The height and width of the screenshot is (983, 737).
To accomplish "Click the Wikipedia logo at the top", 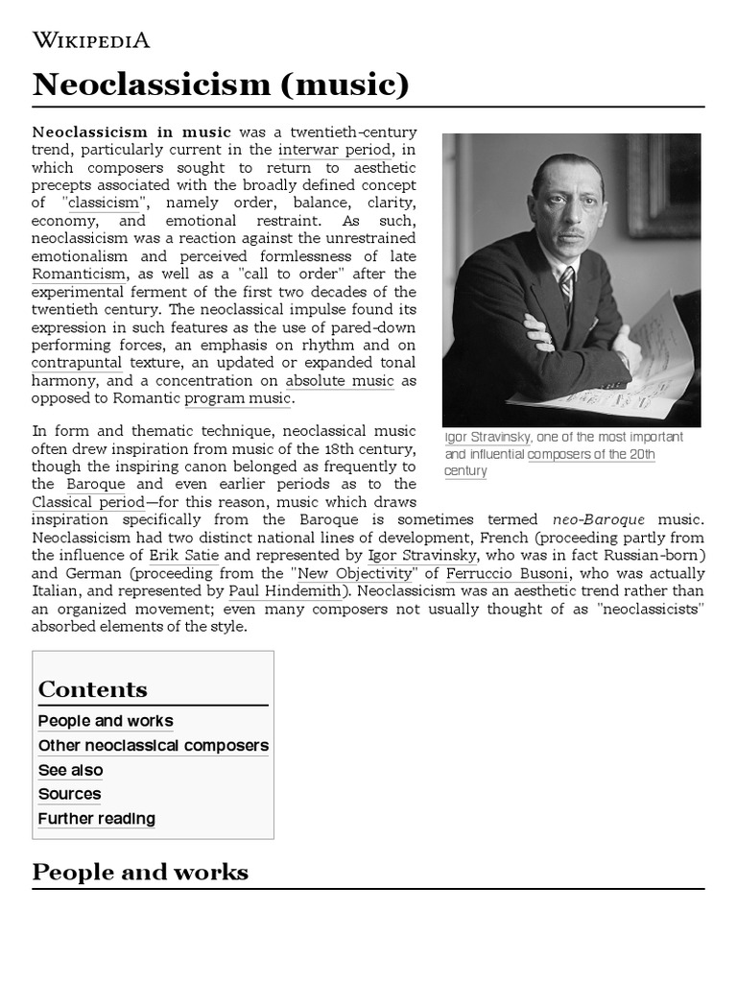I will pos(91,39).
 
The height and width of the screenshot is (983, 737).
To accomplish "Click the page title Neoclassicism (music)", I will pos(221,84).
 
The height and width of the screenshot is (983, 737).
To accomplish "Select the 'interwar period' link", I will pos(334,150).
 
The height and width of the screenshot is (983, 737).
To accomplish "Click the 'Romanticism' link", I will pos(75,275).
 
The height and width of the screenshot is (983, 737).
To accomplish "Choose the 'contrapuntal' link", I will pos(77,363).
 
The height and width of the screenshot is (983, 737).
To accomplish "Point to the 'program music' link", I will pos(238,398).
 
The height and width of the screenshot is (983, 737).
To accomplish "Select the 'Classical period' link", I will pos(88,502).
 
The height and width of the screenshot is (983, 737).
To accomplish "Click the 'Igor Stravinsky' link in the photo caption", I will pos(487,437).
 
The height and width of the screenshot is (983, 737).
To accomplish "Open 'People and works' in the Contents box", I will pos(106,721).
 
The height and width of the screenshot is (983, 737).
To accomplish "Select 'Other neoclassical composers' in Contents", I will pos(154,746).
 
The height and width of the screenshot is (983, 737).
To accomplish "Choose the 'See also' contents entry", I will pos(70,770).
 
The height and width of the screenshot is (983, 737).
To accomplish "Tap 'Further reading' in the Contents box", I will pos(96,819).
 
